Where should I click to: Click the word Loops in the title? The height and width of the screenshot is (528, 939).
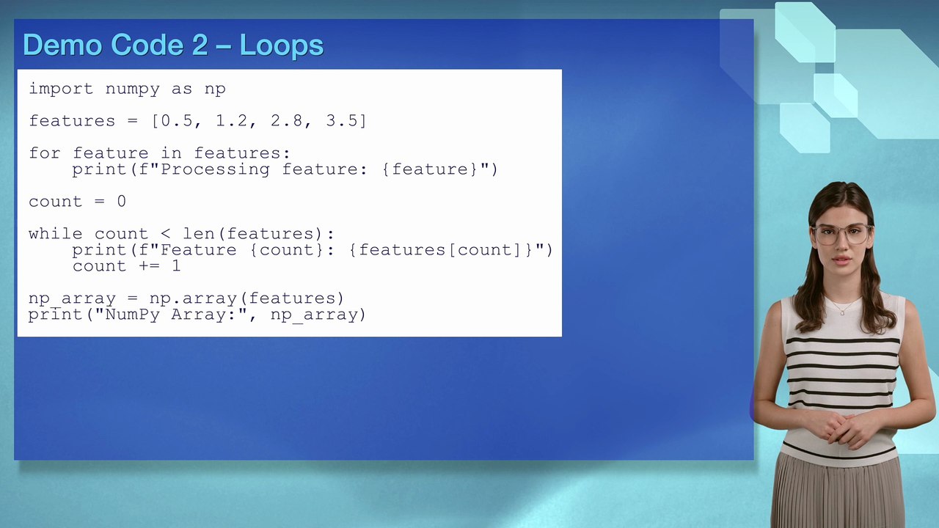(281, 45)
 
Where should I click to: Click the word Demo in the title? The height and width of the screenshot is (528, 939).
(62, 45)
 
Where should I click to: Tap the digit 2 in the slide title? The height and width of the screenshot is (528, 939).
(200, 45)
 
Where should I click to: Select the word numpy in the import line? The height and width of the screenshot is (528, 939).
(132, 89)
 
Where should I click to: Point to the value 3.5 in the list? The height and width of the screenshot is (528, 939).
(341, 121)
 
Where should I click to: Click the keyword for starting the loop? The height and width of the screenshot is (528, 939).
(45, 153)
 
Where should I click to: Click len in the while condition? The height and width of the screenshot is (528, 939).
(199, 234)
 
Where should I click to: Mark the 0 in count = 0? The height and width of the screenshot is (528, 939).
(122, 202)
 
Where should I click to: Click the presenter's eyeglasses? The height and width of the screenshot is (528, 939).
(841, 234)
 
